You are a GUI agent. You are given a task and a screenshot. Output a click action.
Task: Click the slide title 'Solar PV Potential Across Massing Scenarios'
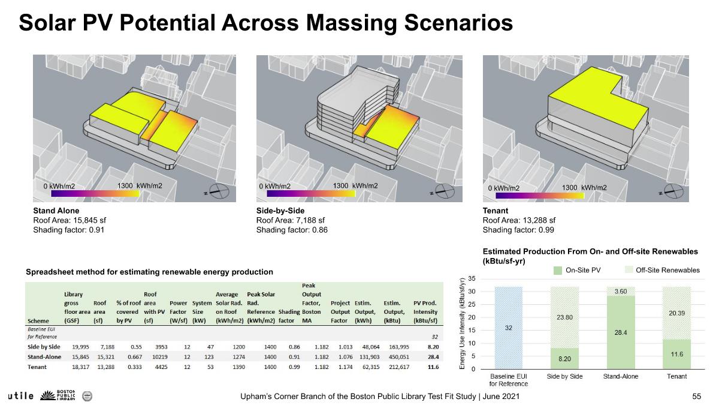[265, 23]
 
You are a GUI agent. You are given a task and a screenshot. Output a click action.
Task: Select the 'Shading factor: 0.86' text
[292, 230]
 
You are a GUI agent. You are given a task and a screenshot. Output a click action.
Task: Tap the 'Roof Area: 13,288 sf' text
[519, 220]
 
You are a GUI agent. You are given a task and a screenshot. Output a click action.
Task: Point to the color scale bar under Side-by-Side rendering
[316, 194]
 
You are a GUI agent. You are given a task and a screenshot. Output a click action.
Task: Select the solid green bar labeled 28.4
[620, 332]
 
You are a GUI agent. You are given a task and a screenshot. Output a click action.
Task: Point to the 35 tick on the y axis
[472, 279]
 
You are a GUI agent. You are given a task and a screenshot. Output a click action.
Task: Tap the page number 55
[696, 397]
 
